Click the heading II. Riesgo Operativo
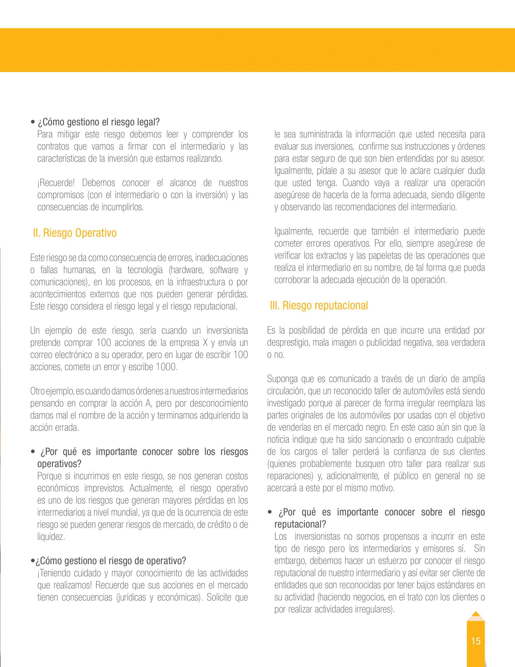coord(75,233)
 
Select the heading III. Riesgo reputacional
coord(319,305)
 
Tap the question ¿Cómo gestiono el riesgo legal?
coord(98,122)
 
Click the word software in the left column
coord(224,270)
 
